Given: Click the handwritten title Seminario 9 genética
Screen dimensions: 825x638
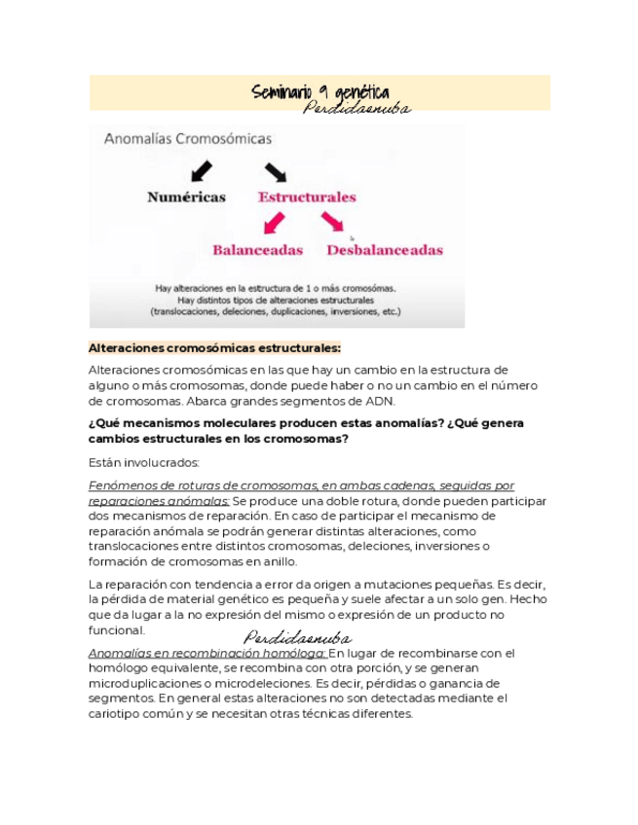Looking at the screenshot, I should [x=319, y=92].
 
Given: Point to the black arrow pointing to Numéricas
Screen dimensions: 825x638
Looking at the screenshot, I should [x=202, y=170].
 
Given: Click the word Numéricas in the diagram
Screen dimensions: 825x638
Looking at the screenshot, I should [x=186, y=197].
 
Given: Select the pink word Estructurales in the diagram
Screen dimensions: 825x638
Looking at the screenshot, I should [x=306, y=197].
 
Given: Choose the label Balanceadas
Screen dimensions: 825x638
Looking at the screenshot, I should [x=257, y=249].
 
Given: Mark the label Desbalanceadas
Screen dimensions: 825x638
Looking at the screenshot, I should [x=384, y=250].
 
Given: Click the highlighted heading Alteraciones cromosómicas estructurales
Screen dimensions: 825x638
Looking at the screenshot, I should [x=214, y=348].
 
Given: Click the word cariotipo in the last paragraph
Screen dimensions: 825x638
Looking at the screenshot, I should [x=118, y=713].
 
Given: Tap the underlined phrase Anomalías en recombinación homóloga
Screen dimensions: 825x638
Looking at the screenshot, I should [x=206, y=653].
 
